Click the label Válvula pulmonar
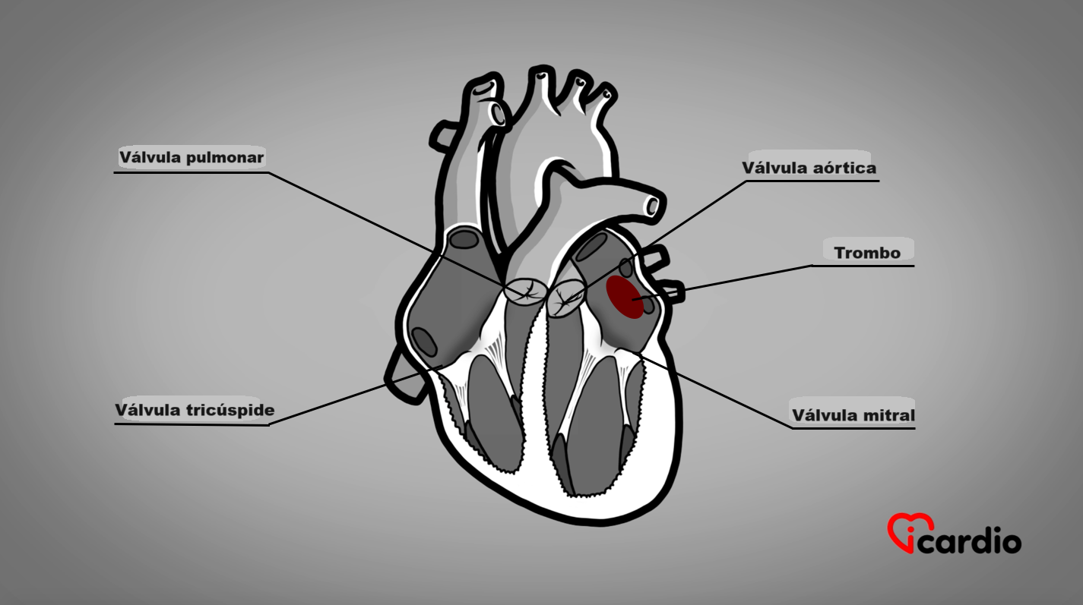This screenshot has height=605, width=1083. click(191, 158)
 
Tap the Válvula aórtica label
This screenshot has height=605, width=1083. click(809, 168)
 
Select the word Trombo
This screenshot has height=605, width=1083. click(867, 253)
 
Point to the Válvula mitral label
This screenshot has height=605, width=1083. click(853, 415)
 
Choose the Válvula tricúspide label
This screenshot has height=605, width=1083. click(195, 411)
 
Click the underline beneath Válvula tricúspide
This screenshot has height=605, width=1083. click(192, 424)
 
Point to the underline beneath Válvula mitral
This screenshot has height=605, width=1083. click(853, 429)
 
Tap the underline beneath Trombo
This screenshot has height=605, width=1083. click(863, 266)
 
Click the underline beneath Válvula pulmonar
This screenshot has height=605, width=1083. click(191, 172)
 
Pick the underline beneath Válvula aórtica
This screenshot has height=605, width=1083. click(809, 181)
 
